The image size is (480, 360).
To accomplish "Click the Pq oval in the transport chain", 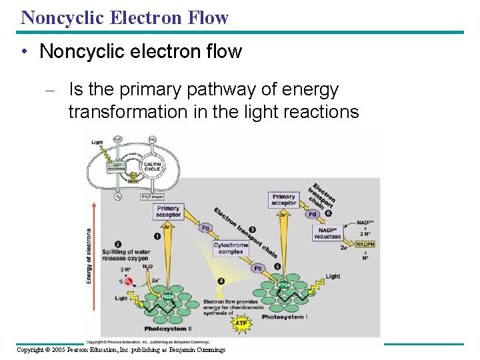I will (205, 228).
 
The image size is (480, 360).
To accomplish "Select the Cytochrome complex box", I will (231, 249).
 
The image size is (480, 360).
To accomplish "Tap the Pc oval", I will (258, 268).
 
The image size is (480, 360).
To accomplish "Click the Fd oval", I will (313, 214).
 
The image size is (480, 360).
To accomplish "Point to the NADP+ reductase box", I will (327, 233).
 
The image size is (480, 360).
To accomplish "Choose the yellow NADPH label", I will (365, 245).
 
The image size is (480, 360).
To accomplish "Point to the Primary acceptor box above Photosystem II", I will (168, 211).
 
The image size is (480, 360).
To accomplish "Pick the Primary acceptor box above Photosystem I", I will (283, 200).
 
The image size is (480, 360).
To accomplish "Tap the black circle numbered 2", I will (118, 244).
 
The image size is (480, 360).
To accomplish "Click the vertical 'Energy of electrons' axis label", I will (89, 257).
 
